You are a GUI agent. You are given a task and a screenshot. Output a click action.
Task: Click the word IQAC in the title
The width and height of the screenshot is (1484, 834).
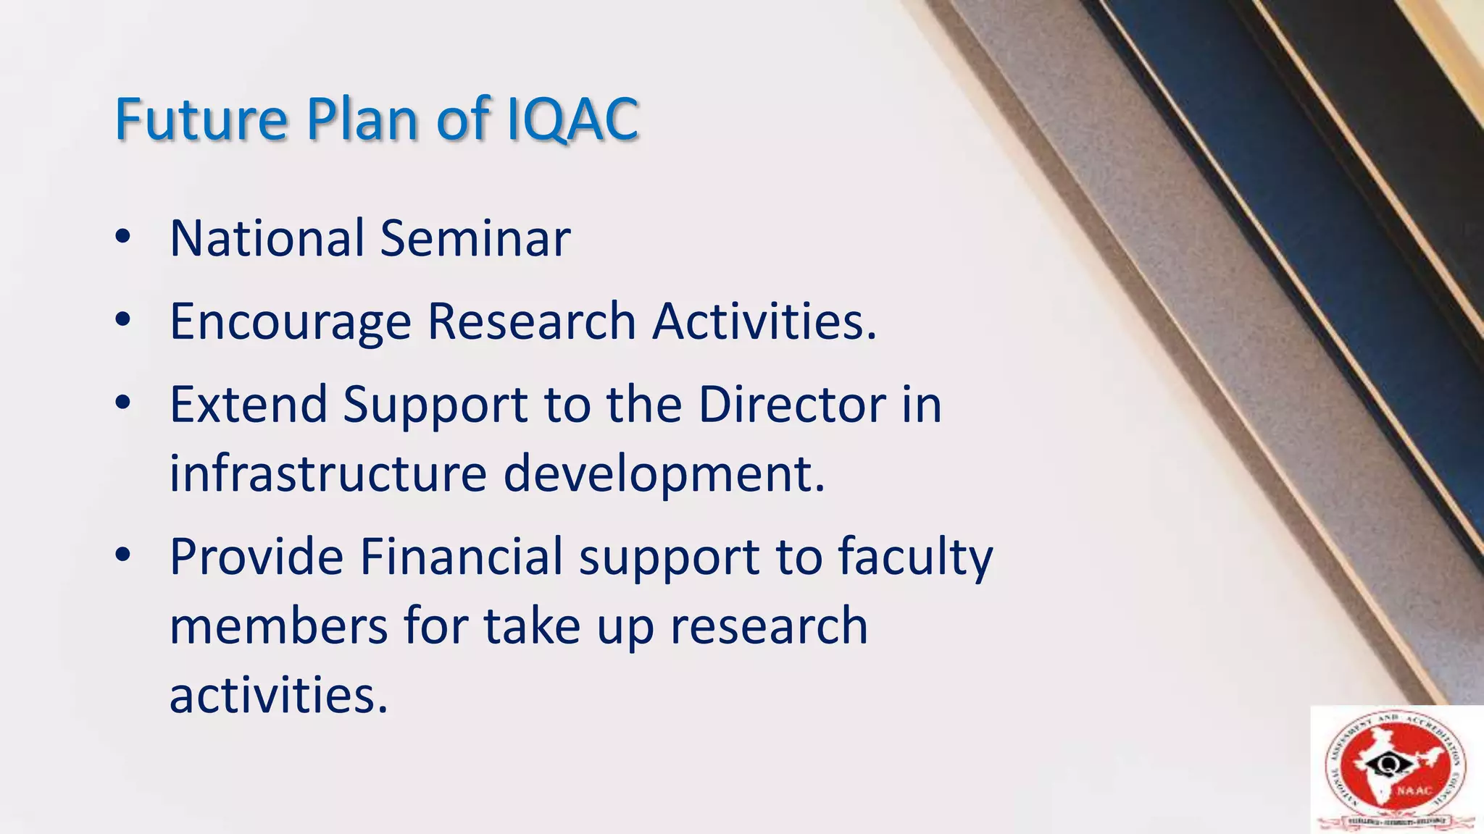(x=572, y=119)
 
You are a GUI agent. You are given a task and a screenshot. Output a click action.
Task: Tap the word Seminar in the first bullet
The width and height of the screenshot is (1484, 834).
(x=475, y=238)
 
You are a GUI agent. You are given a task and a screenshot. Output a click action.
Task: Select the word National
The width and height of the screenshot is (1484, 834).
(x=267, y=238)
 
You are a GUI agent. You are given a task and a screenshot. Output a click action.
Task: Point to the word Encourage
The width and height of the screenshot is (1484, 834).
(x=291, y=322)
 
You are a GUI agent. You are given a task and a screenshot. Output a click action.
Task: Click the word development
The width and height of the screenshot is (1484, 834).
(x=664, y=475)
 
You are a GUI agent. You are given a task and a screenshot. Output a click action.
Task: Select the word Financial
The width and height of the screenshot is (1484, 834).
(x=462, y=557)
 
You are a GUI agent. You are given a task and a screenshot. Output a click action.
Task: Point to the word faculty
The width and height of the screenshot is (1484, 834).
(x=916, y=558)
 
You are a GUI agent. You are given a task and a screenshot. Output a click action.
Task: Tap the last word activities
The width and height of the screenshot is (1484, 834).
(x=278, y=695)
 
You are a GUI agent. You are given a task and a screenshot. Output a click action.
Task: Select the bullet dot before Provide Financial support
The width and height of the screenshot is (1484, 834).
(x=122, y=555)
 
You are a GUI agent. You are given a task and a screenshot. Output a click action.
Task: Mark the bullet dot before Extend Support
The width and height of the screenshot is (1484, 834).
(x=122, y=403)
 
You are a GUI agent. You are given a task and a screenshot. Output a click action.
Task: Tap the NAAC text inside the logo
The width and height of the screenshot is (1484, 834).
(x=1414, y=791)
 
